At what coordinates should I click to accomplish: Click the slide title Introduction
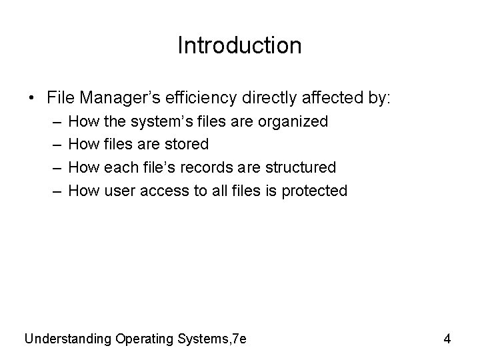click(240, 45)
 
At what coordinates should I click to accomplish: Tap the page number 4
click(447, 339)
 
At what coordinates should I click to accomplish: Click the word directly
click(266, 98)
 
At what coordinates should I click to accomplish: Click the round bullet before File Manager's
click(33, 98)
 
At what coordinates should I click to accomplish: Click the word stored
click(185, 144)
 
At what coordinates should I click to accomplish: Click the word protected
click(314, 191)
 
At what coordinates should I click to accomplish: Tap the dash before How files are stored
click(53, 144)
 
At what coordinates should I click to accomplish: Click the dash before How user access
click(53, 191)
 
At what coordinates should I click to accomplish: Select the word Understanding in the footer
click(68, 339)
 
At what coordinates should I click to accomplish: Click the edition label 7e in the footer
click(238, 339)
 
